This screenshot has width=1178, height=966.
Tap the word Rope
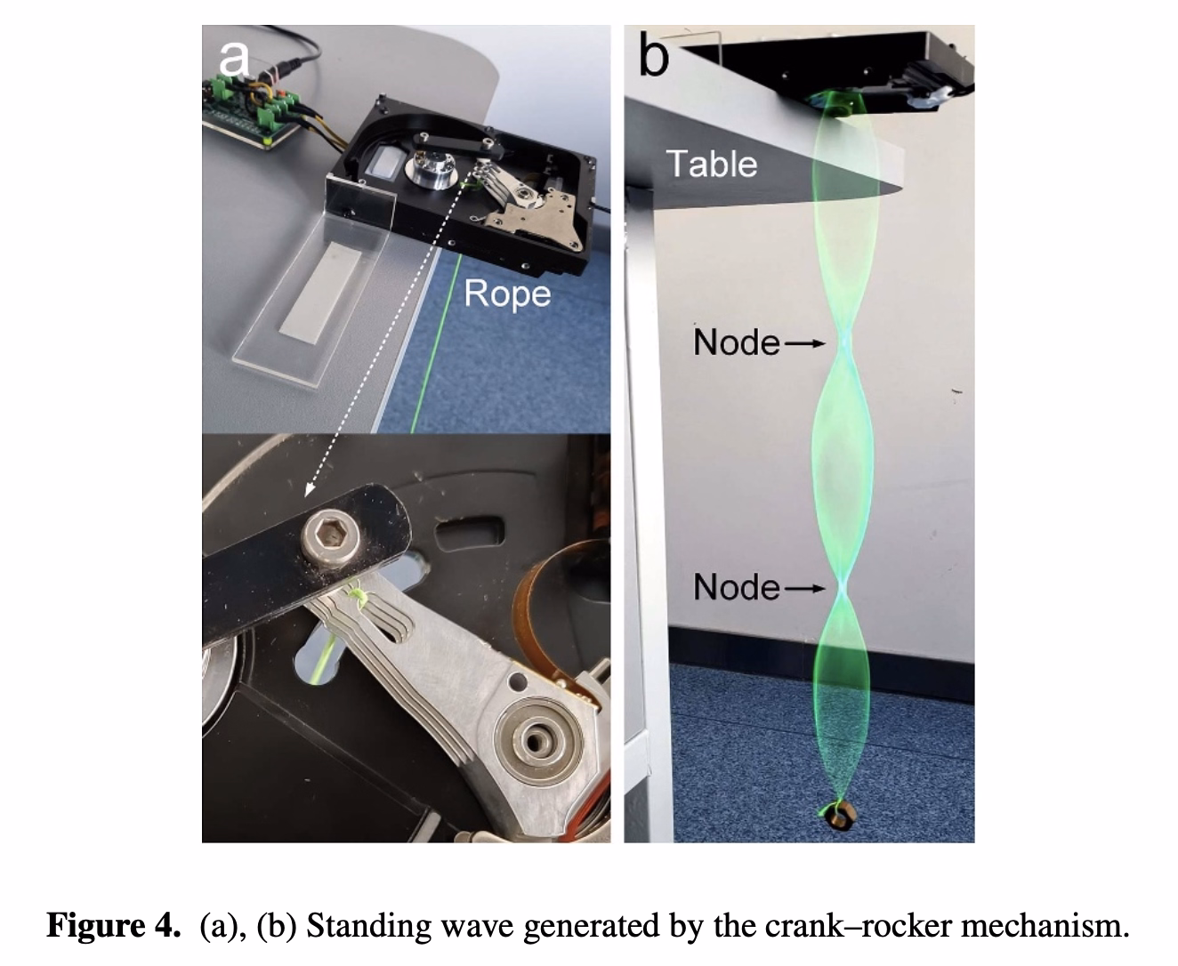pyautogui.click(x=507, y=294)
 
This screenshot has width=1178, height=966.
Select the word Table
pyautogui.click(x=711, y=164)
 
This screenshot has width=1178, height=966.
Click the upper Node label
pyautogui.click(x=736, y=342)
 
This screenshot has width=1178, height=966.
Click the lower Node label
pyautogui.click(x=736, y=587)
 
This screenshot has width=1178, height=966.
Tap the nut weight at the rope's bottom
pyautogui.click(x=836, y=814)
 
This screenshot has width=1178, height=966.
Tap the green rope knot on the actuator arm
pyautogui.click(x=357, y=595)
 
